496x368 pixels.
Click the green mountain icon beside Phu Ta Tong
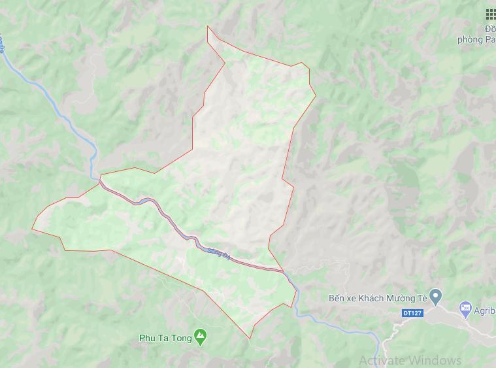coord(202,338)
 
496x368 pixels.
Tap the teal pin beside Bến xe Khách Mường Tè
coord(437,297)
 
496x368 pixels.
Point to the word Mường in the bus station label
coord(403,298)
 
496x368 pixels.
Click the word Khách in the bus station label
coord(374,298)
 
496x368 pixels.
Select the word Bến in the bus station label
coord(337,298)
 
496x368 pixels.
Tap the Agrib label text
coord(485,307)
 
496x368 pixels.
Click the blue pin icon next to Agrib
coord(465,307)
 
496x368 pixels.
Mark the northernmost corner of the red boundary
coord(208,26)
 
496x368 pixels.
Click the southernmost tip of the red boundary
coord(250,339)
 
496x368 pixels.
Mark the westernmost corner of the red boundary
coord(32,229)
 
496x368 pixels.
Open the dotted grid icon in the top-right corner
coord(490,14)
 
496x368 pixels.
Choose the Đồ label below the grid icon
coord(490,29)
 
